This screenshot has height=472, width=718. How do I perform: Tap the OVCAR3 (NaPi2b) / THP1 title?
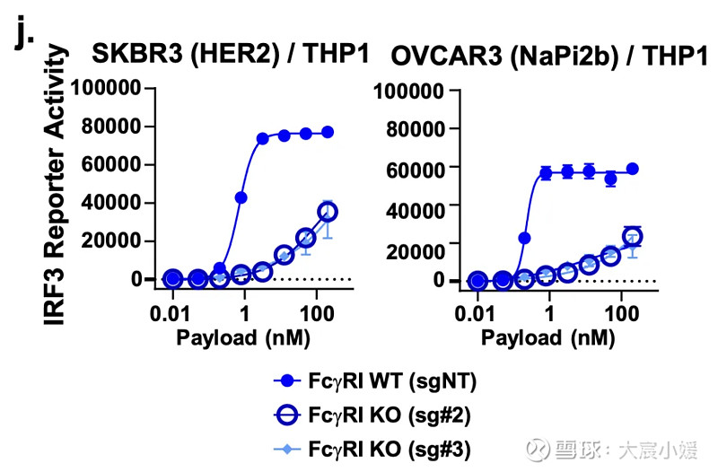pos(547,57)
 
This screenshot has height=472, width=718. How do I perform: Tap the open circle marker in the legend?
pos(286,415)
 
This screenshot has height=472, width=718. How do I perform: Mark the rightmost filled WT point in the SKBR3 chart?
pos(328,132)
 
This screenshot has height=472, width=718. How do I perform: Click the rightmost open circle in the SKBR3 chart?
pos(328,212)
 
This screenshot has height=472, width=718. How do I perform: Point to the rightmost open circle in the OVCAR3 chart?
pos(633,237)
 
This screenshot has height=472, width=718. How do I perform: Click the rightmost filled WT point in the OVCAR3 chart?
pos(633,169)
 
